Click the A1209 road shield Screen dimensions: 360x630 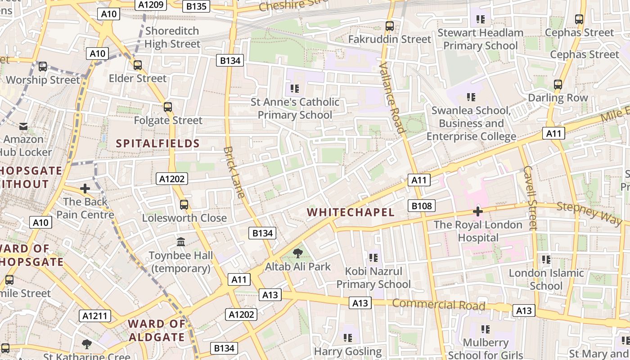coord(151,4)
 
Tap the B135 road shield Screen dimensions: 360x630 coord(197,6)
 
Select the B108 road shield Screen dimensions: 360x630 coord(422,206)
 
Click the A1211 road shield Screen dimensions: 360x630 coord(95,316)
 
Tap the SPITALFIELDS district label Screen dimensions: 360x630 coord(157,144)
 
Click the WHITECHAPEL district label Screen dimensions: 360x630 coord(351,212)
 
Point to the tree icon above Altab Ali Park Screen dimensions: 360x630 coord(297,253)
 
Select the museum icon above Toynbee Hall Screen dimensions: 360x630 coord(181,242)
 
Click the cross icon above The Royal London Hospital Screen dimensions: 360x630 coord(478,211)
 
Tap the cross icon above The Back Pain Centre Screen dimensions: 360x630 coord(85,188)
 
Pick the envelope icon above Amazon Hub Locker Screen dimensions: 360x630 coord(23,126)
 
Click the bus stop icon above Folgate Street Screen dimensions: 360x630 coord(168,107)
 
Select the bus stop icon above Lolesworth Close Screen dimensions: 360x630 coord(184,205)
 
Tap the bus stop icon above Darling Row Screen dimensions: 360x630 coord(558,85)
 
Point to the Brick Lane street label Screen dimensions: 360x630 coord(234,172)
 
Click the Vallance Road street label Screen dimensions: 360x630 coord(392,98)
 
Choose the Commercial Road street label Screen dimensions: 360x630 coord(438,305)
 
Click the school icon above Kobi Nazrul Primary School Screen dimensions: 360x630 coord(373,258)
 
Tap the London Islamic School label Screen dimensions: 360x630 coord(546,279)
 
